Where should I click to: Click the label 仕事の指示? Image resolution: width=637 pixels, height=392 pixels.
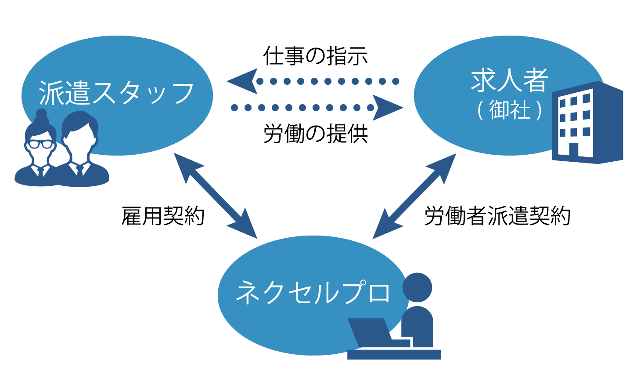click(x=315, y=56)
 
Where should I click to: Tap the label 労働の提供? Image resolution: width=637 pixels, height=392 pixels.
click(x=315, y=134)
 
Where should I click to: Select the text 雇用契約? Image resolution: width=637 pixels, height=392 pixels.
click(x=163, y=216)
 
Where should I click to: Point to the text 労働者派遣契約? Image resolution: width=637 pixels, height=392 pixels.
click(x=497, y=216)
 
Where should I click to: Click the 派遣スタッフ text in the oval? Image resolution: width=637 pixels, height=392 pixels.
click(x=116, y=93)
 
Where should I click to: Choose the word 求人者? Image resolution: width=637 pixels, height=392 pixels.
click(x=510, y=80)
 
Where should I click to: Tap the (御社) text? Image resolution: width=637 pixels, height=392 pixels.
click(x=510, y=110)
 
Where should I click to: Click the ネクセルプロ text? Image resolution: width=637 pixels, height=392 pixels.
click(x=313, y=292)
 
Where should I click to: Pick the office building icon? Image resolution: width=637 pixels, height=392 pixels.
click(x=587, y=123)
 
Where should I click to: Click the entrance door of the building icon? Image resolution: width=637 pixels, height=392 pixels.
click(x=574, y=149)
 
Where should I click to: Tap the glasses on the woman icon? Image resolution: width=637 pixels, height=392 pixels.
click(x=41, y=144)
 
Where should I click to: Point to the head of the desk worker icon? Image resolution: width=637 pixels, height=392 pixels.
click(x=417, y=287)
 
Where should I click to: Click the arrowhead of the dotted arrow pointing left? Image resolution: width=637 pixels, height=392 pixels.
click(x=242, y=81)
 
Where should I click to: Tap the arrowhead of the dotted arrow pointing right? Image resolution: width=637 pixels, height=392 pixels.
click(x=388, y=108)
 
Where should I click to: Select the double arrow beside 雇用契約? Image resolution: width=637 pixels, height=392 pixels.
click(x=215, y=196)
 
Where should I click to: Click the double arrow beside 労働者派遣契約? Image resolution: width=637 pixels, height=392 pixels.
click(x=414, y=196)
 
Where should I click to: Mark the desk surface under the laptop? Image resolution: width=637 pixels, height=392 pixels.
click(x=394, y=354)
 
